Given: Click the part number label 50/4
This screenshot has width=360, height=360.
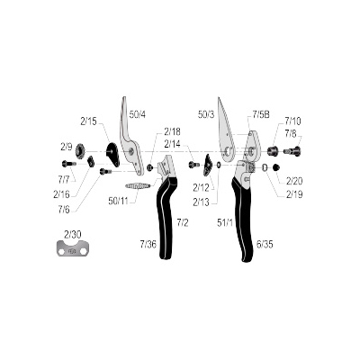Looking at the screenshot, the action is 138,114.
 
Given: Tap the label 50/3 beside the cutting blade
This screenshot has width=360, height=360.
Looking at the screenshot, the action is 206,114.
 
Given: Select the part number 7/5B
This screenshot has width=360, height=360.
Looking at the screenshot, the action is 260,114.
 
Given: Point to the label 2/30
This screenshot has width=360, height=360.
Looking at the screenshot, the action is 72,234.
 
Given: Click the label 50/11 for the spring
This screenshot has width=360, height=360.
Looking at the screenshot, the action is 118,201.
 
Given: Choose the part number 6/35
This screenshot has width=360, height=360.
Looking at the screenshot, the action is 265,245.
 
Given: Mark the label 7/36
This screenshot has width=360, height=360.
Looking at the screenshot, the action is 148,245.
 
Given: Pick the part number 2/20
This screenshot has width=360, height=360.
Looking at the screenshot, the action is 294,181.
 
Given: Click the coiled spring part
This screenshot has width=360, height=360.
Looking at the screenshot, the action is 138,186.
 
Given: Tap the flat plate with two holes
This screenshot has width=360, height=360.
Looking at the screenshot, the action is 72,247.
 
